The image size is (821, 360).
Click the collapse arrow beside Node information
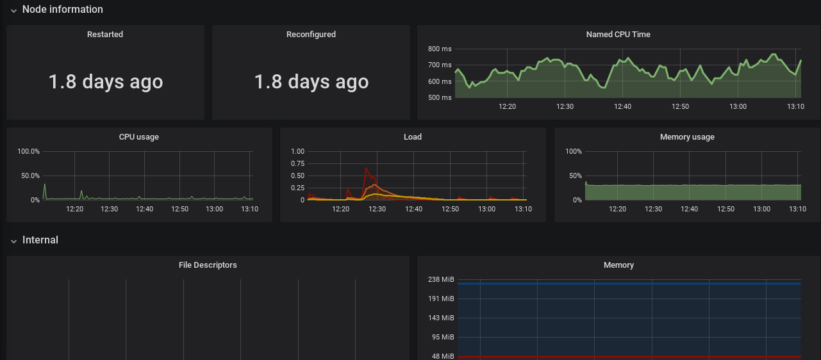(13, 10)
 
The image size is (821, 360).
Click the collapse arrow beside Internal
(13, 241)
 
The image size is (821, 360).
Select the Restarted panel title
(105, 35)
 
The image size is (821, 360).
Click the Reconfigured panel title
(311, 35)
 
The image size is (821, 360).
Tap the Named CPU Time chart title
(618, 35)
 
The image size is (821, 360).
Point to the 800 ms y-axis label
(440, 49)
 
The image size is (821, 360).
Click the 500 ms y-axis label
(440, 97)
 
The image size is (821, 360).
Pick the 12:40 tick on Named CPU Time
(622, 106)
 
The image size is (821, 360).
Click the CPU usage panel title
(139, 137)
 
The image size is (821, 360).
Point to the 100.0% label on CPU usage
(28, 151)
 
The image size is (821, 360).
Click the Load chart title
(413, 137)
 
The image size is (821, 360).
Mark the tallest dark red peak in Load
(366, 168)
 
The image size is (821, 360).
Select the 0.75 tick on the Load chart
(297, 163)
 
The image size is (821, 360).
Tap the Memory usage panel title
(687, 137)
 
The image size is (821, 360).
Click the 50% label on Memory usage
(574, 176)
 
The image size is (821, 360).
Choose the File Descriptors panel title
(208, 265)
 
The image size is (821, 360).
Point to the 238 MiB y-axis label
(441, 279)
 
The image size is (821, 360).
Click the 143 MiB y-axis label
(441, 318)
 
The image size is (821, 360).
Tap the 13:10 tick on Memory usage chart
(797, 209)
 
